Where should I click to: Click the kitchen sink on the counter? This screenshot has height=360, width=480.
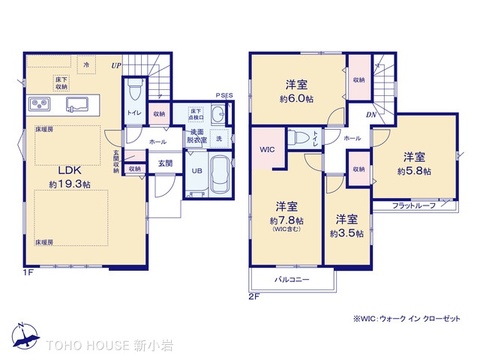click(81, 105)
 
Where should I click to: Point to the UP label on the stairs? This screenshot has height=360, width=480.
click(117, 66)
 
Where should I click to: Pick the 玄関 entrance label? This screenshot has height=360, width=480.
click(166, 163)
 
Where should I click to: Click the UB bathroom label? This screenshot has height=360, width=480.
click(196, 171)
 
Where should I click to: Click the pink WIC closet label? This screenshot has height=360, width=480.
click(265, 150)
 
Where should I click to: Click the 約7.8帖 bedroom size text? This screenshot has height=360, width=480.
click(285, 220)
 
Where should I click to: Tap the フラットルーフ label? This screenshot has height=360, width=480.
click(412, 205)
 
